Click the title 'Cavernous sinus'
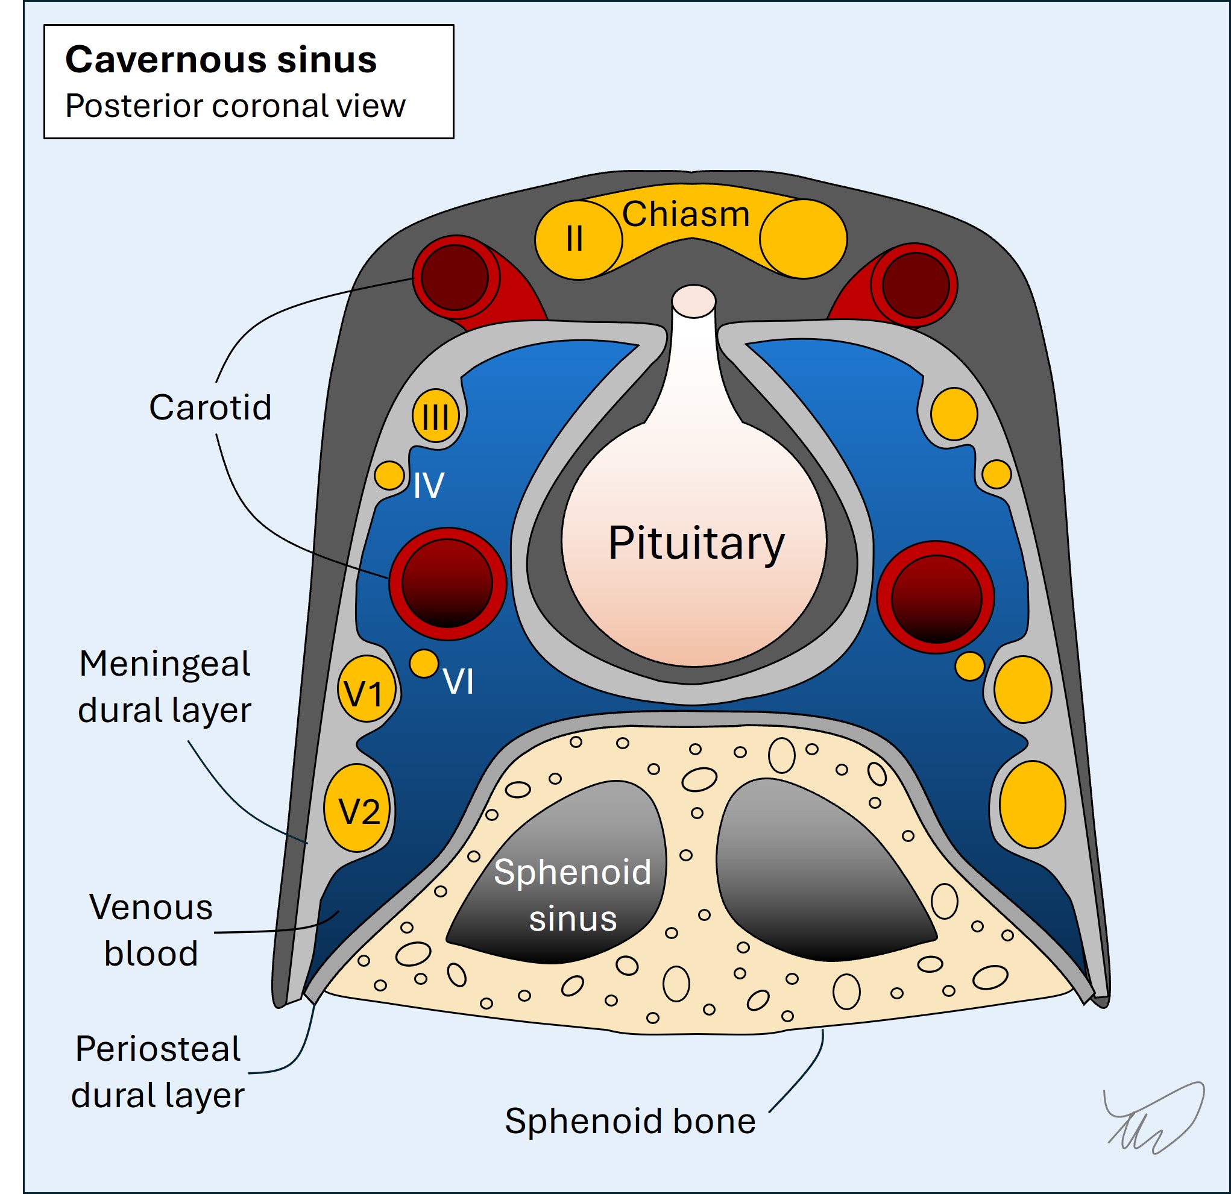coord(221,60)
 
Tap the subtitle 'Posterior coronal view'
coord(235,105)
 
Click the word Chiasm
coord(686,214)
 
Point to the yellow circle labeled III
coord(435,416)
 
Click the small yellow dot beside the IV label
coord(389,476)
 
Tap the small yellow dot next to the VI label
coord(424,664)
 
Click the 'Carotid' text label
coord(210,407)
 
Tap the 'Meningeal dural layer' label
coord(165,687)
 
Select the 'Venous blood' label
coord(151,930)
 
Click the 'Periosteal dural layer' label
coord(158,1072)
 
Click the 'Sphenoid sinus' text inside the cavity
coord(572,894)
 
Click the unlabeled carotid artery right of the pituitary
coord(935,597)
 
